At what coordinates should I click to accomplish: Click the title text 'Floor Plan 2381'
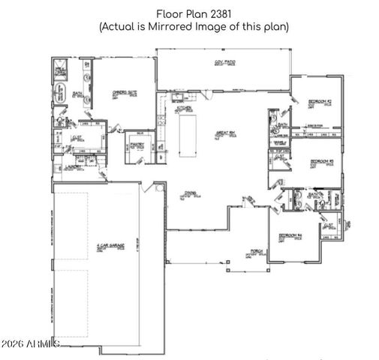click(193, 13)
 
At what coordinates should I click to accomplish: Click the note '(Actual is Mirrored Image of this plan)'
click(193, 26)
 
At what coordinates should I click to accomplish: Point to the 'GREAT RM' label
click(226, 133)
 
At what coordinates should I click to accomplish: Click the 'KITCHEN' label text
click(184, 108)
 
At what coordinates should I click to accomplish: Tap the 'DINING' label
click(190, 193)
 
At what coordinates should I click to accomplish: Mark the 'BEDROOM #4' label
click(290, 235)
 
